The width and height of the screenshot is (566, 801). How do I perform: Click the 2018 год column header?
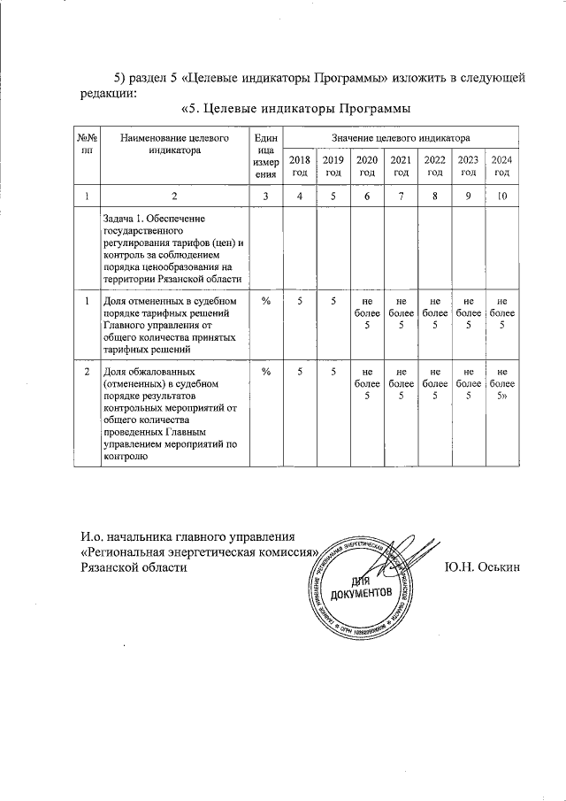tap(301, 166)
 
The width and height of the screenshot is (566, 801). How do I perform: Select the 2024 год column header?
tap(501, 166)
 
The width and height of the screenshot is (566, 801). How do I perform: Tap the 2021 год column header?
tap(401, 166)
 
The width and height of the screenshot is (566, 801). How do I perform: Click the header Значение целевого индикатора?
tap(401, 138)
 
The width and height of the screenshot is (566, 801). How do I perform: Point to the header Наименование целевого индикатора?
tap(175, 144)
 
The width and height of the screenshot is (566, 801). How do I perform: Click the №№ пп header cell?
tap(87, 144)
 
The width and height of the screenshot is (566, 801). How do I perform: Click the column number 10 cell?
tap(501, 196)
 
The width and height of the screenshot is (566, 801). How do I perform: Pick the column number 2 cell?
tap(175, 196)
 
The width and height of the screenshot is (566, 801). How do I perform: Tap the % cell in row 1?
tap(265, 302)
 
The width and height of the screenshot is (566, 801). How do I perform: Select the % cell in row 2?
tap(265, 373)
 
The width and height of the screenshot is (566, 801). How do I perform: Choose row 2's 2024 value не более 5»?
tap(501, 385)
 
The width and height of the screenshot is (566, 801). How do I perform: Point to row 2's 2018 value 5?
tap(301, 373)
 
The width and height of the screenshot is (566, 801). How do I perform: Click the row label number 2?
tap(87, 373)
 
